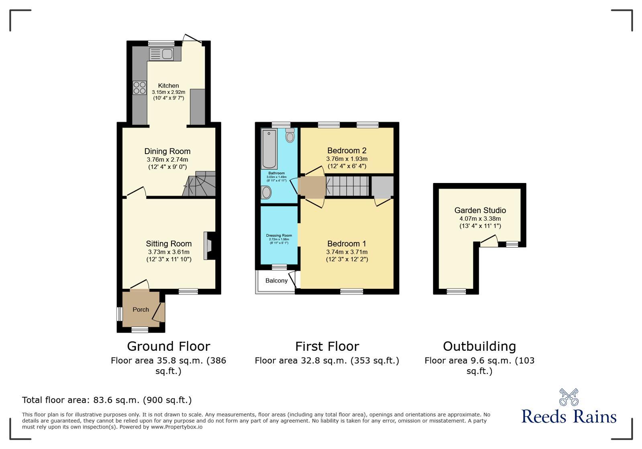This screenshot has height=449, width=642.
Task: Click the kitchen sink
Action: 161,54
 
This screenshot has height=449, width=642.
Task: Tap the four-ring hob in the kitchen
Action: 140,88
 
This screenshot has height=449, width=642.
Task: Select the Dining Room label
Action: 167,151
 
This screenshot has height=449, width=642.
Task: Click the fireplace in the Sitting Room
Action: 210,246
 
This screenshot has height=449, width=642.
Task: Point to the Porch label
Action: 141,309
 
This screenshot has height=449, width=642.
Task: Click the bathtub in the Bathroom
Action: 269,149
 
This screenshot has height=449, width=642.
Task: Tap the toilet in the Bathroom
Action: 290,136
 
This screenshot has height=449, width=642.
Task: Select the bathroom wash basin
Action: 266,193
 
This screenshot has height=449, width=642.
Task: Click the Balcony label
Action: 276,280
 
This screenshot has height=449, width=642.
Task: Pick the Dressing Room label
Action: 279,236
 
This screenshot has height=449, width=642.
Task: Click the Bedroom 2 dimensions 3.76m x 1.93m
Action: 346,159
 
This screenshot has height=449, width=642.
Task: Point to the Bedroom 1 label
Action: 346,244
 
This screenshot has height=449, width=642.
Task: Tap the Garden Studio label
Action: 480,210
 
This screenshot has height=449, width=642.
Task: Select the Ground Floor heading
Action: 168,346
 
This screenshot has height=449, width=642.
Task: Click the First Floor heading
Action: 327,346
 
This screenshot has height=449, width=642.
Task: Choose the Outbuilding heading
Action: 479,346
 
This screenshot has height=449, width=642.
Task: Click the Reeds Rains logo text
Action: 569,416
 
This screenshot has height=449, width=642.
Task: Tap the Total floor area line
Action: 107,400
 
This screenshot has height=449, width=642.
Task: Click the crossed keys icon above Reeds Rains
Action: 569,397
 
